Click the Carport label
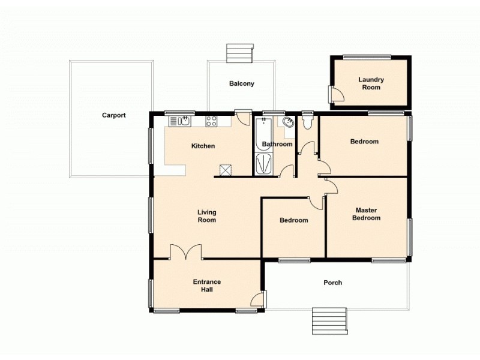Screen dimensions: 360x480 [x=113, y=115]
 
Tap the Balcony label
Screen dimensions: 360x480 [x=242, y=84]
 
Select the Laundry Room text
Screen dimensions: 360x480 [x=371, y=83]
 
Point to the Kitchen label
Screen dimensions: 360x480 [x=203, y=146]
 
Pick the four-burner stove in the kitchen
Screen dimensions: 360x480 [x=211, y=121]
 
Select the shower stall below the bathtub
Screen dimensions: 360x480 [x=263, y=164]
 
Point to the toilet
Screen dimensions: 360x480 [x=308, y=122]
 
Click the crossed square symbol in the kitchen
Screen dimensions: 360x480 [x=226, y=170]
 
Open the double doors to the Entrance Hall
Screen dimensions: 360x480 [x=186, y=252]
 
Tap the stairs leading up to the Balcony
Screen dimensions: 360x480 [x=240, y=52]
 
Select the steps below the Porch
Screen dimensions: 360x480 [x=329, y=322]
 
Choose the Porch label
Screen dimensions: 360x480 [x=332, y=283]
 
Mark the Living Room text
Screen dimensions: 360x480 [x=207, y=216]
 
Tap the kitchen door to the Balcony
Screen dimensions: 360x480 [x=243, y=117]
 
